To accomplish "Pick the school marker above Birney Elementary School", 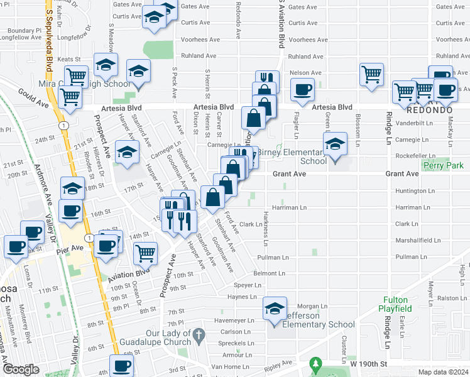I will pos(336,146).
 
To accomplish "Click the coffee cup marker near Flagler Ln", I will pos(303,90).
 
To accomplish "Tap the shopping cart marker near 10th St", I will pos(145,253).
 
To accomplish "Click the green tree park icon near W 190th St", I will pos(315,364).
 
